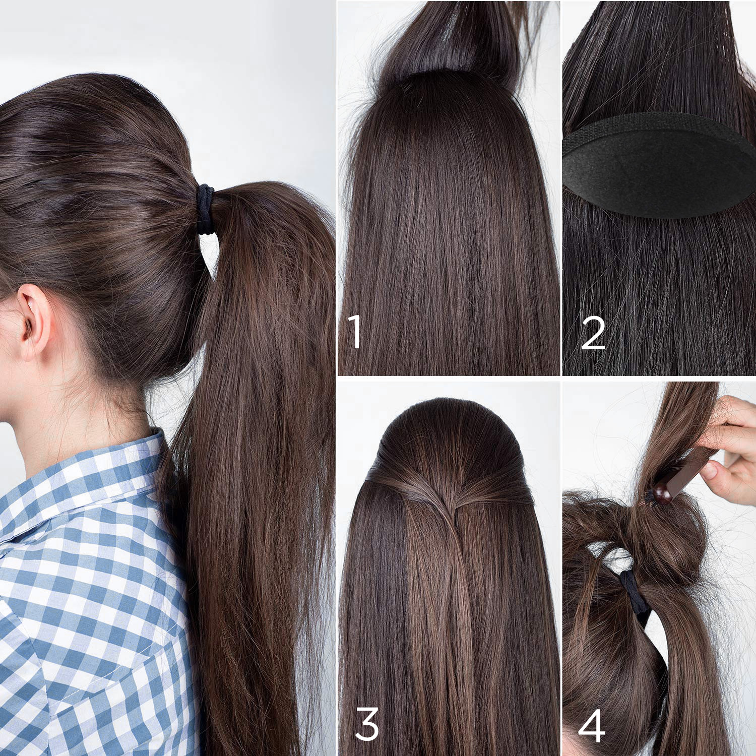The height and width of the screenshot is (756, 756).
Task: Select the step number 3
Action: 367,724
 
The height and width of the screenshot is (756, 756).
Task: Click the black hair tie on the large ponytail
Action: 205,209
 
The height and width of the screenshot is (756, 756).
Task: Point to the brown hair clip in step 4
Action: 680,476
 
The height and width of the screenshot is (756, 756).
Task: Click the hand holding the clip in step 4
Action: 731,449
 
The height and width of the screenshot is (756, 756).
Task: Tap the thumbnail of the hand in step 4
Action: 709,472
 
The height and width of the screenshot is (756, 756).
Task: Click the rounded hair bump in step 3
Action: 449,438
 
